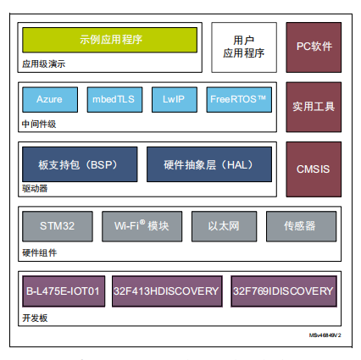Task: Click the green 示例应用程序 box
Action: point(109,40)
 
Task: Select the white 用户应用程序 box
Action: point(244,47)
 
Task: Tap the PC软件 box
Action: point(314,47)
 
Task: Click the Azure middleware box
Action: point(50,99)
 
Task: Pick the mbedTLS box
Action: point(114,99)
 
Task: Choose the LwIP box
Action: point(175,99)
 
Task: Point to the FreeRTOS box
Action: point(239,99)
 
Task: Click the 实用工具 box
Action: point(314,107)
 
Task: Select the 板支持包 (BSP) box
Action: point(80,164)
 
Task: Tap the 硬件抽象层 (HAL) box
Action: point(209,164)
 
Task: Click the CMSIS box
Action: point(314,169)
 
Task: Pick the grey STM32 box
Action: point(58,226)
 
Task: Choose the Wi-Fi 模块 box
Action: point(142,226)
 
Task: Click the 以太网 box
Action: point(224,226)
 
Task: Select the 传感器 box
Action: point(301,226)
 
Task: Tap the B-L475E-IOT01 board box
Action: point(64,291)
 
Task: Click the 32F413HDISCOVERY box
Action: point(167,291)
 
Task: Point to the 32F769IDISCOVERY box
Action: point(284,291)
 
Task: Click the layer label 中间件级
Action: point(39,124)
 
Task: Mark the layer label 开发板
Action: point(35,318)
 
